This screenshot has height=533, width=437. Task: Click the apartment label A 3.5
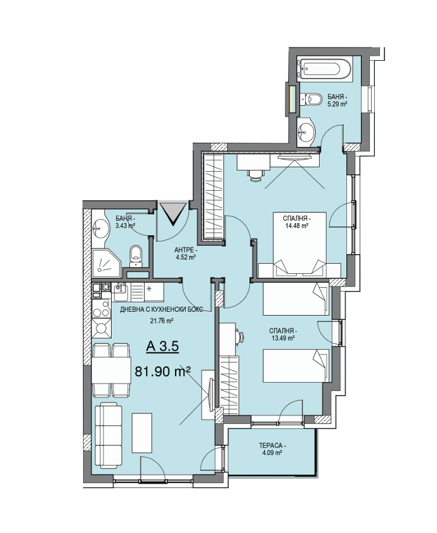coord(162,347)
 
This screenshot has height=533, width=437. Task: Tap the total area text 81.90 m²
coord(162,371)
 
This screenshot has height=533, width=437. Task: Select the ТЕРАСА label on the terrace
coord(272,446)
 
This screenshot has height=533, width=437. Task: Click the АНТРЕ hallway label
coord(186,250)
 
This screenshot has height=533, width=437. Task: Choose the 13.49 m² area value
coord(282,338)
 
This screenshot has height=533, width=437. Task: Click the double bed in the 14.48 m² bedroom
coord(300,245)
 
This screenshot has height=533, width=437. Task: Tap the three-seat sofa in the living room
coord(108,435)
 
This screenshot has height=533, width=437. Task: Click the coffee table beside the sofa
coord(142,432)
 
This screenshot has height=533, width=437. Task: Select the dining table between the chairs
coord(111,371)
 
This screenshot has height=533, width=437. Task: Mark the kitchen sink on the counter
coord(121,292)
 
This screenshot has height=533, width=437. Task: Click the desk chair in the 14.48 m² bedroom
coord(256,175)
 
